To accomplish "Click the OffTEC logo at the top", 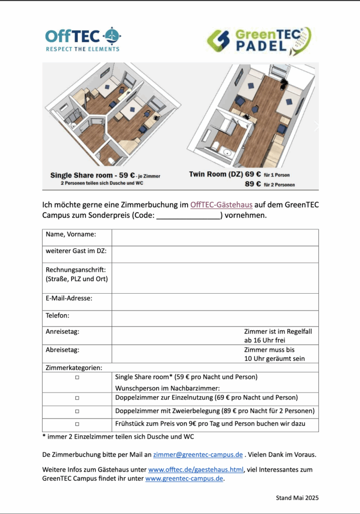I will (x=83, y=39).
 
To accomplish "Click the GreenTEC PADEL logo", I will (x=260, y=42).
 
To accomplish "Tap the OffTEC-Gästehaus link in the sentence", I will (x=221, y=205).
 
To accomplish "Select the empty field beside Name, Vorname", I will (x=215, y=237).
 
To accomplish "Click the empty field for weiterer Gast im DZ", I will (x=215, y=254).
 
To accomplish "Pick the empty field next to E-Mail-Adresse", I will (x=215, y=302).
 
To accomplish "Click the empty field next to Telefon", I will (x=215, y=319).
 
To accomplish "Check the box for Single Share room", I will (x=77, y=377).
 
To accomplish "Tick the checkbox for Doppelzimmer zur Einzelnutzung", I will (x=77, y=398).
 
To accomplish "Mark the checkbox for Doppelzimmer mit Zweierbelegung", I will (x=77, y=411).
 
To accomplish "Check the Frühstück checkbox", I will (x=77, y=424).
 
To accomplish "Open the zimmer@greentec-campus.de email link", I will (x=198, y=455).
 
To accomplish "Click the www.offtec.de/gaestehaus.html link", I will (x=196, y=470).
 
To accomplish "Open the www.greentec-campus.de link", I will (x=184, y=479).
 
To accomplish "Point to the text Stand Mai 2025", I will (x=297, y=498).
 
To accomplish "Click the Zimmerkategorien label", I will (x=70, y=367).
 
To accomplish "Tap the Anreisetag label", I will (x=62, y=332).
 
